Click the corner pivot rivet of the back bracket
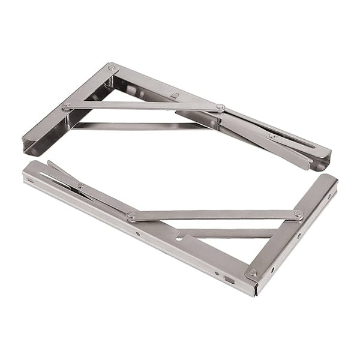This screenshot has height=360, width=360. (x=112, y=68)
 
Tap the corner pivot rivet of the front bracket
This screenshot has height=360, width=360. (x=253, y=272)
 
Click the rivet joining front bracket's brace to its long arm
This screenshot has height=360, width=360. (x=131, y=215)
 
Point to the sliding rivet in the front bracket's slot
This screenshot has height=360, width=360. (x=80, y=186)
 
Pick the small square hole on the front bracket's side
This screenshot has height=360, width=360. (x=229, y=279)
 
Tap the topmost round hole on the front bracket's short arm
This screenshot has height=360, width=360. (x=329, y=196)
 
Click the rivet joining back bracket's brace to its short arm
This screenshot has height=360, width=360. (x=66, y=106)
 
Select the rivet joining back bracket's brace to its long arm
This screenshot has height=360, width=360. (x=220, y=107)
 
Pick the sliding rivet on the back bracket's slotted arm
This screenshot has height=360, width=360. (x=272, y=136)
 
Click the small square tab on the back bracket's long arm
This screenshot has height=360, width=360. (x=173, y=95)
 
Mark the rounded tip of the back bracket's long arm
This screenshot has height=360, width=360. (x=324, y=160)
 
